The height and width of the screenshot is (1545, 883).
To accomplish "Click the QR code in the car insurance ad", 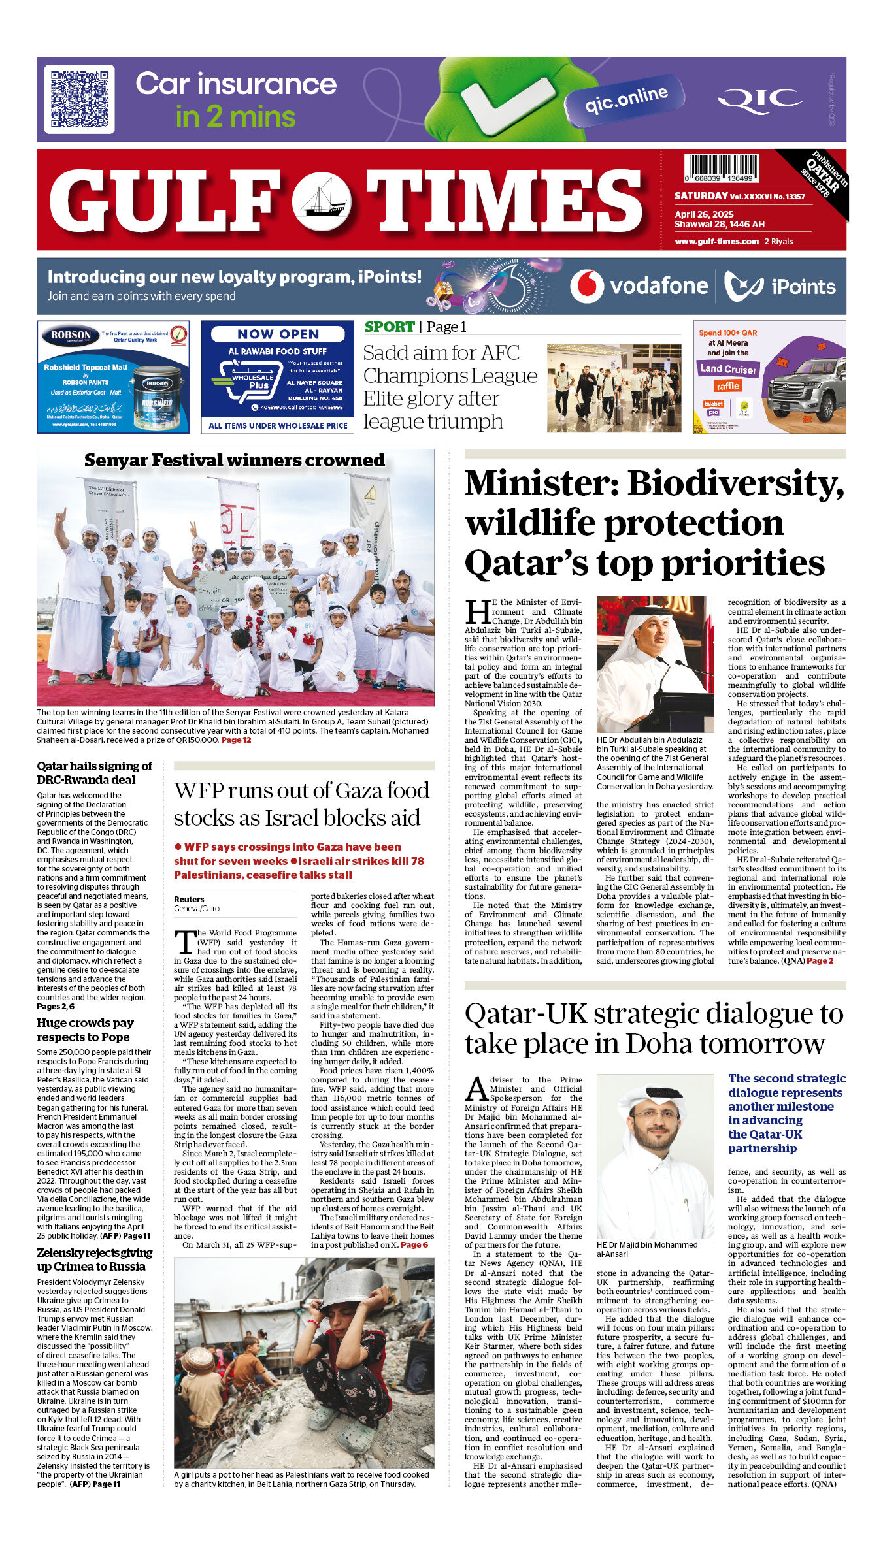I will pos(80,99).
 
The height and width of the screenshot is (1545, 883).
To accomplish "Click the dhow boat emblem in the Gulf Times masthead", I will pos(322,201).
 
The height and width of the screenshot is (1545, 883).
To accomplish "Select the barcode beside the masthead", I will pos(721,168).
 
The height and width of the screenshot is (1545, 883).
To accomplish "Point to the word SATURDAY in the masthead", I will pos(701,196).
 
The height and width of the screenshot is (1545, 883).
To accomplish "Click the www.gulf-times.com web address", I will pos(716,242).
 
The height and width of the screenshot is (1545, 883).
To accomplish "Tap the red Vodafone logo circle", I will pos(586,286).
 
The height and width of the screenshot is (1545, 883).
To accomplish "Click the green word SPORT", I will pos(390,327).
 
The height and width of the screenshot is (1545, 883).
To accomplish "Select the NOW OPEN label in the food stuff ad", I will pos(278,334).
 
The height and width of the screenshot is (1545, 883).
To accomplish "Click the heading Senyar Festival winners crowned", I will pos(235,461).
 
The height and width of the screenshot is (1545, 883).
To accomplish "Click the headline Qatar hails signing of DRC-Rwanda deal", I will pos(94,773).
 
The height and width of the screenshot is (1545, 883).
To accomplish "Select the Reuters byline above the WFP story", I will pos(189,900).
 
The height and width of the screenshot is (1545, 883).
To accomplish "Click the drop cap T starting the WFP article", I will pos(184,942).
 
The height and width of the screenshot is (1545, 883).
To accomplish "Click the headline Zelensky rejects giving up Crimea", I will pos(94,1260).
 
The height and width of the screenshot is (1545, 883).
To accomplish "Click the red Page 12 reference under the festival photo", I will pos(236,740).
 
